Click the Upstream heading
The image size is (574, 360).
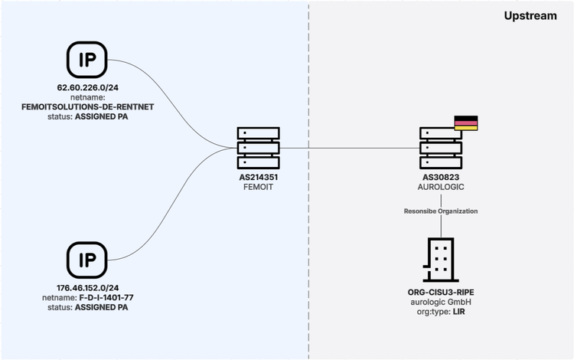click(x=530, y=15)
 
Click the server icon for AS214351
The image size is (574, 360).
click(x=258, y=149)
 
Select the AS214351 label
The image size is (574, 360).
click(x=258, y=177)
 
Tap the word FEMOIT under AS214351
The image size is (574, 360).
click(x=258, y=186)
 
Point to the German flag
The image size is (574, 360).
click(x=465, y=123)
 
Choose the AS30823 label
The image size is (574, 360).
click(x=442, y=177)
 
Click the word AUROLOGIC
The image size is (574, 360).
click(x=442, y=186)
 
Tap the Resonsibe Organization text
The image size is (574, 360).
click(x=442, y=210)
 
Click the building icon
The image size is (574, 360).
click(x=442, y=260)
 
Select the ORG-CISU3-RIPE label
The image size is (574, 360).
click(x=442, y=293)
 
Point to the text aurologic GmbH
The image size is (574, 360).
click(x=442, y=303)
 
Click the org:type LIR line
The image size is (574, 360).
click(x=442, y=313)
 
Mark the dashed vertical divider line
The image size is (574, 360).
click(x=308, y=230)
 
